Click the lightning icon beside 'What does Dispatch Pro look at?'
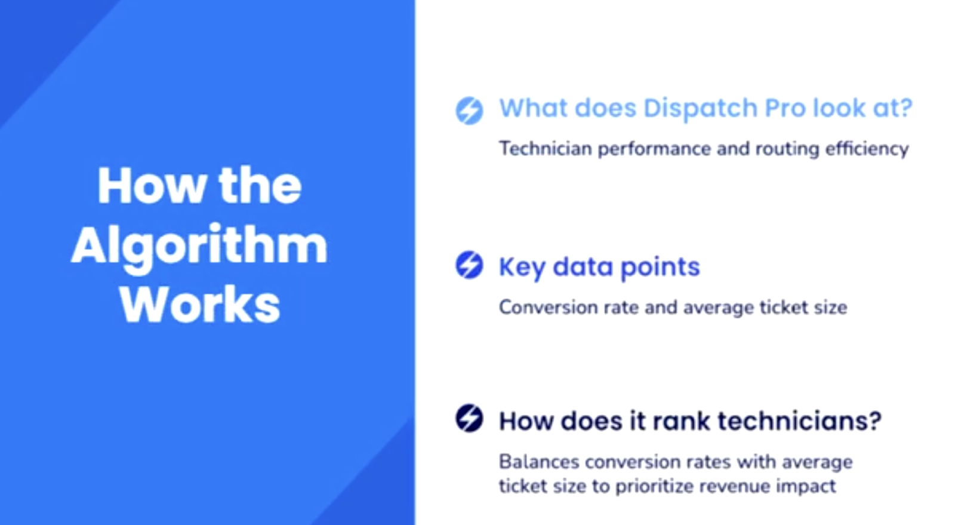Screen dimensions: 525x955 tap(469, 110)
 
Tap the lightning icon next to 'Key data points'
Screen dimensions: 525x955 tap(469, 265)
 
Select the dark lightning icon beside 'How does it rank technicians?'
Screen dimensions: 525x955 tap(469, 418)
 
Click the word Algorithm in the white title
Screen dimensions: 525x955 tap(199, 246)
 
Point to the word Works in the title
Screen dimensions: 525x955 tap(200, 305)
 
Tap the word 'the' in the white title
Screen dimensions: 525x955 tap(260, 186)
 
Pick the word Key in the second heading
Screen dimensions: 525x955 tap(522, 268)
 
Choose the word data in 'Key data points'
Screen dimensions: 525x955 tap(583, 267)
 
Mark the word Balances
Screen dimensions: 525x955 tap(538, 462)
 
